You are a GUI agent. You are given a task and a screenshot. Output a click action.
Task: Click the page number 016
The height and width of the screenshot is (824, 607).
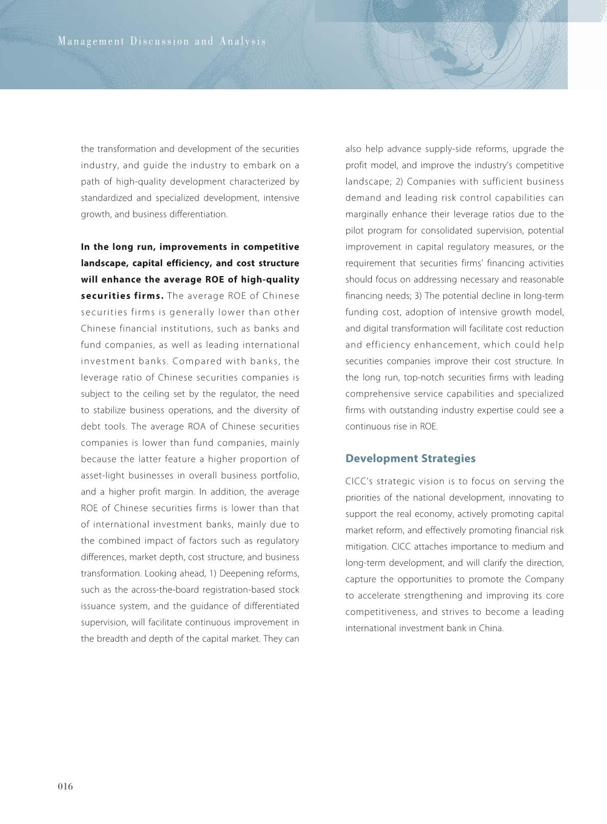[x=65, y=786]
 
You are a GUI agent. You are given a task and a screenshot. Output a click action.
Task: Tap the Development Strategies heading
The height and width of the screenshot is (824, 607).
[x=410, y=458]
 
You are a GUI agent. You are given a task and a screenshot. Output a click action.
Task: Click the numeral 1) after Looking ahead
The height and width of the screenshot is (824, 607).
[x=212, y=573]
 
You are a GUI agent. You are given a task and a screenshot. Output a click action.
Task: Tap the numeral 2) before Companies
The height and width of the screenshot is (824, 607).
[x=399, y=182]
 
